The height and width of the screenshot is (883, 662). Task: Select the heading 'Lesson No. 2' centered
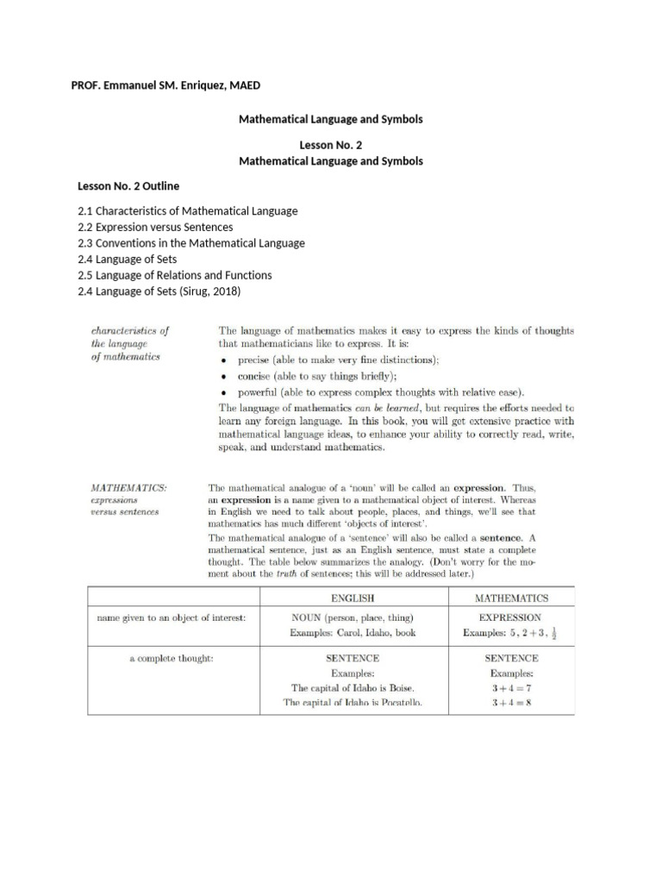[x=330, y=146]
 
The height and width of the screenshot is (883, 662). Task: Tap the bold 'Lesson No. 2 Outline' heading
[x=128, y=186]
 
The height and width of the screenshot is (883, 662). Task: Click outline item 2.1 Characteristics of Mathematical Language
[x=187, y=211]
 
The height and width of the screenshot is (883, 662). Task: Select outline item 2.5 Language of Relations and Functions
[x=174, y=275]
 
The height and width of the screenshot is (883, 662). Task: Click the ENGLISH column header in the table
[x=353, y=597]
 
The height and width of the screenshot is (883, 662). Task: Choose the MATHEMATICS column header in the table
[x=511, y=597]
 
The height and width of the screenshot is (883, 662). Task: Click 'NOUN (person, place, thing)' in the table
[x=353, y=617]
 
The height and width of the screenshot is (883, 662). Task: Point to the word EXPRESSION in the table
[x=510, y=617]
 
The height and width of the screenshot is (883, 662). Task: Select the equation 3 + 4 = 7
[x=511, y=687]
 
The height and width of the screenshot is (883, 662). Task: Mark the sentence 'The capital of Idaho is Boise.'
[x=353, y=687]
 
